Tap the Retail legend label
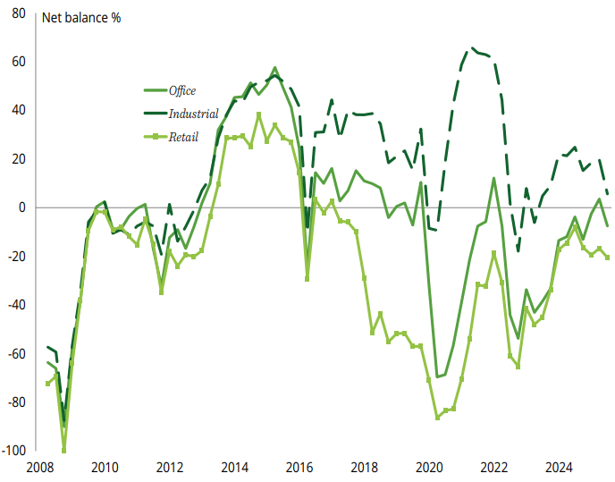point(184,137)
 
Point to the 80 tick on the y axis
point(19,13)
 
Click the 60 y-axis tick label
point(19,62)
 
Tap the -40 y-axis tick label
point(17,305)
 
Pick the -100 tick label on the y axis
point(13,451)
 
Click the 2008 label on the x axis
point(39,467)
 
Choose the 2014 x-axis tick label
point(234,467)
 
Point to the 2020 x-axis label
point(429,467)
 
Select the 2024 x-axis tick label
point(560,467)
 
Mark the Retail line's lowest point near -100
point(63,450)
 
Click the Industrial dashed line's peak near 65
point(472,48)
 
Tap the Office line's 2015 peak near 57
point(274,68)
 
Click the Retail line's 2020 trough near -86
point(438,418)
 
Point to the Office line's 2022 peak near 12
point(494,178)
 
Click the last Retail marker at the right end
point(608,258)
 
